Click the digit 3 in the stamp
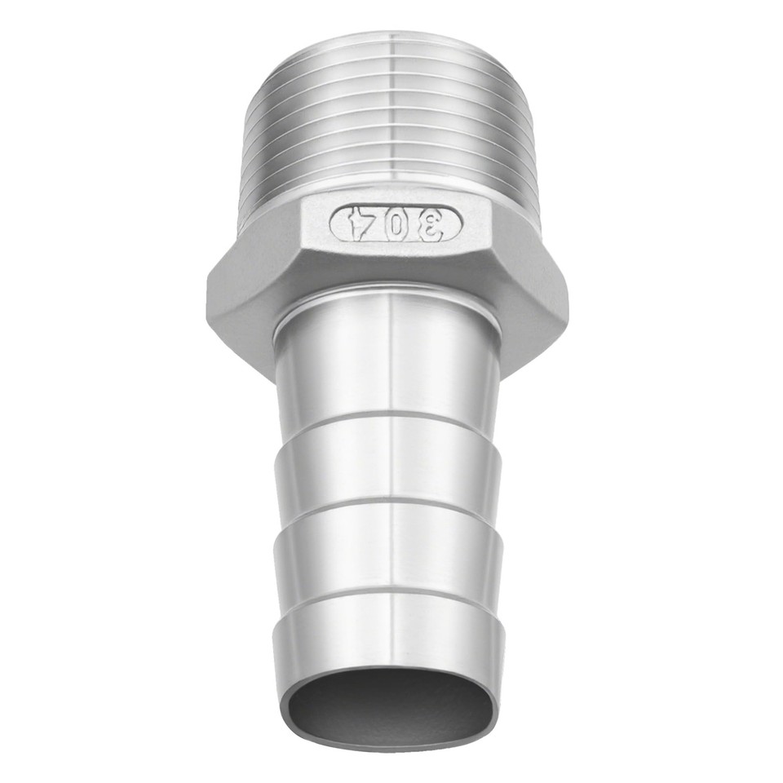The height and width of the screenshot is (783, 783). click(436, 222)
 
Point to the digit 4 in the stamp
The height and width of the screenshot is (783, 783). click(357, 222)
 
